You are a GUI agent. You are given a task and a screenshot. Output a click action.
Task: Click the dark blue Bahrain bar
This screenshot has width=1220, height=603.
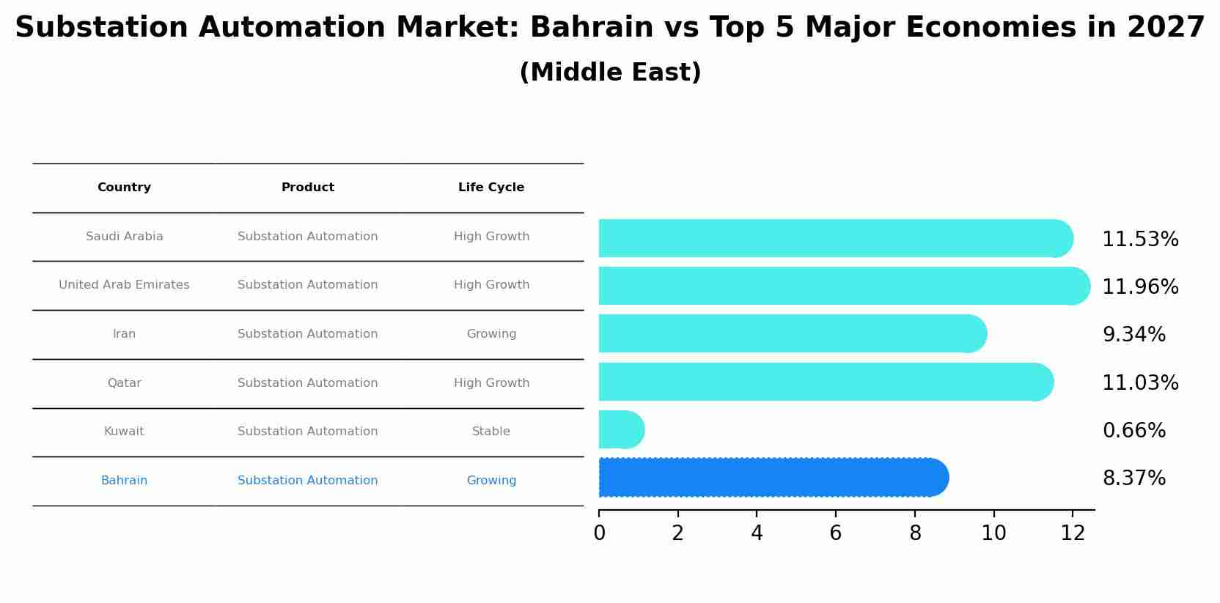[770, 478]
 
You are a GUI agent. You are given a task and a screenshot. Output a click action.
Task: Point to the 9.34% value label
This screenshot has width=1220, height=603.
[1133, 335]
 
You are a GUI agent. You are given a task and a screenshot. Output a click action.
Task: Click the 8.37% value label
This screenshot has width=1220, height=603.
[1133, 478]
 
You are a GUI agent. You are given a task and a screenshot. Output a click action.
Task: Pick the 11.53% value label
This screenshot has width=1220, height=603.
[1140, 240]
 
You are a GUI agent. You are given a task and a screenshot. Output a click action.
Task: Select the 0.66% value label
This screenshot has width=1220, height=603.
[1133, 431]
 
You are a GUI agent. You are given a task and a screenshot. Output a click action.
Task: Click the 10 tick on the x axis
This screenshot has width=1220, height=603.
[993, 533]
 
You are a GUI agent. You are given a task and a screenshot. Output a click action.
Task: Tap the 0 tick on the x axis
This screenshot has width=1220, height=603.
[599, 533]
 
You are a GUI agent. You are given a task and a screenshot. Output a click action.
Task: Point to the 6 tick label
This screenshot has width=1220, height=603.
[836, 533]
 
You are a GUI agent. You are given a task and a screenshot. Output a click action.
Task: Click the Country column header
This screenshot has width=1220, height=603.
[124, 188]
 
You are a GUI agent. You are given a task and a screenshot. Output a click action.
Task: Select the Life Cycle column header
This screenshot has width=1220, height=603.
[491, 188]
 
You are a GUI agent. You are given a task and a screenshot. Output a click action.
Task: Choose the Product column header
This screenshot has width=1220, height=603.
[308, 188]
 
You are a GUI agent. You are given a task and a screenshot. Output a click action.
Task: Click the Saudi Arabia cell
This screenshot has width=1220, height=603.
[124, 237]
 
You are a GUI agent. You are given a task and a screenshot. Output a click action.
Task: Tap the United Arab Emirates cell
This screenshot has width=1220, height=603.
[124, 285]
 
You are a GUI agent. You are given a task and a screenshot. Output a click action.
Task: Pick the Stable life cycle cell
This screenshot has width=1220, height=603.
[491, 432]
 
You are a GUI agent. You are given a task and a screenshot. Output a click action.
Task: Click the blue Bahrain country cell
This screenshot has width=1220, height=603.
[124, 481]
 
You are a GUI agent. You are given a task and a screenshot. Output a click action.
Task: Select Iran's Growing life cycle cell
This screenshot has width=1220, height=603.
[491, 334]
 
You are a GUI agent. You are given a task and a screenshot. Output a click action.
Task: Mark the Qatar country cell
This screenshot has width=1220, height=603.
[124, 383]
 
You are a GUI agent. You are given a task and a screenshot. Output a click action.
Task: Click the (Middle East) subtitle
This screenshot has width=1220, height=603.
[610, 73]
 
